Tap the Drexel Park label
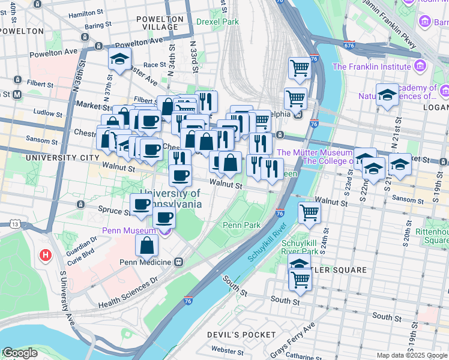tap(217, 22)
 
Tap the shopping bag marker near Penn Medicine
tap(147, 245)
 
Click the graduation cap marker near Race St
tap(120, 59)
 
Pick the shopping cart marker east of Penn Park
tap(309, 212)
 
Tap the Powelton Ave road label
tap(138, 43)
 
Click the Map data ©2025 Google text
tap(412, 355)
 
